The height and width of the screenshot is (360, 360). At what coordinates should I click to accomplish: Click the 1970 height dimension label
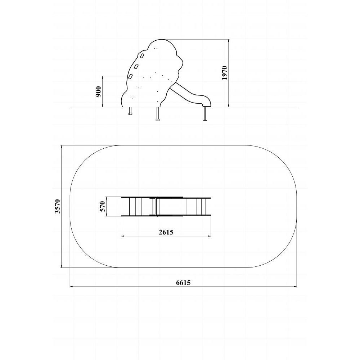(x=225, y=73)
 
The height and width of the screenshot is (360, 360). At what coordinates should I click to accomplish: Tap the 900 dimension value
(x=99, y=91)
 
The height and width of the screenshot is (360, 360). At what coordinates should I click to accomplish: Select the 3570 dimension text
(x=57, y=206)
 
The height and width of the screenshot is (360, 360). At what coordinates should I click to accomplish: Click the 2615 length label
(x=166, y=232)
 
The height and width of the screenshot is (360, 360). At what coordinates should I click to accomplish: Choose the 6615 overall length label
(x=183, y=283)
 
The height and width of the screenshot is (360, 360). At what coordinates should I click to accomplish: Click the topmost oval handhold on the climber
(x=142, y=55)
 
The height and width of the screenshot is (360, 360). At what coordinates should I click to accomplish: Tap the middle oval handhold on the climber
(x=136, y=66)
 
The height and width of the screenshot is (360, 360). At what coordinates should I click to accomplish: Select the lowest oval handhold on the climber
(x=130, y=76)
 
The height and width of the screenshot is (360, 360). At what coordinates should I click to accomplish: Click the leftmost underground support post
(x=130, y=111)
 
